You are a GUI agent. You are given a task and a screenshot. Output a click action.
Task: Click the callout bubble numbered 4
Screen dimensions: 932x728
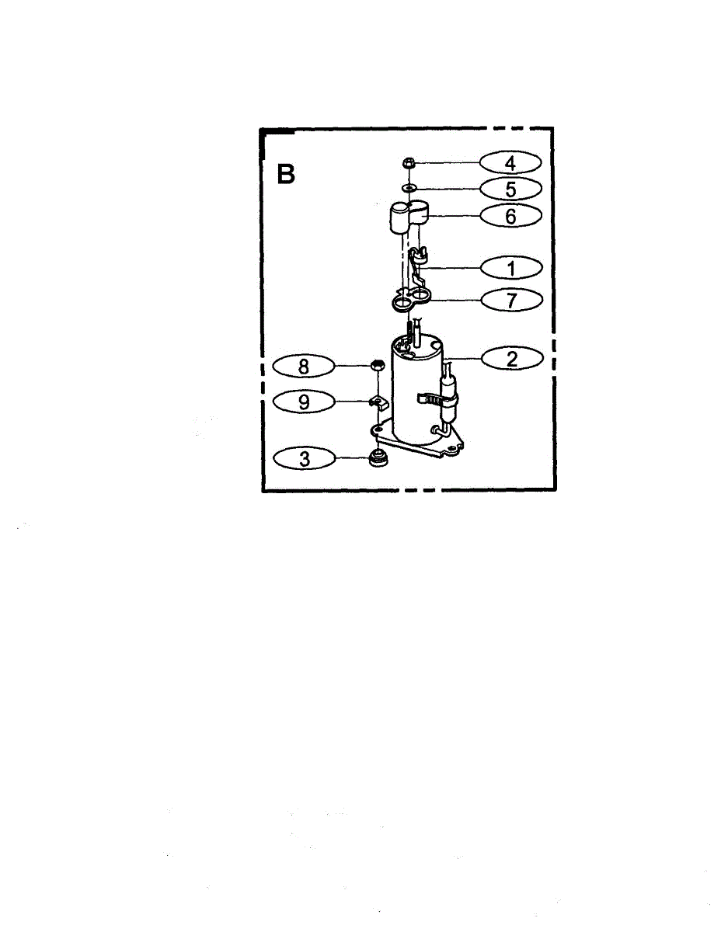coord(510,163)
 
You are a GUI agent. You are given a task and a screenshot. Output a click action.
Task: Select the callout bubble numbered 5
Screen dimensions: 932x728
coord(510,189)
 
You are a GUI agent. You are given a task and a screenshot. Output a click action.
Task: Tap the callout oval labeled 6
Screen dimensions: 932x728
coord(510,216)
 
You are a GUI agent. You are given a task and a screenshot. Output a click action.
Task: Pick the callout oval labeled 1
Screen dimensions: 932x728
coord(510,268)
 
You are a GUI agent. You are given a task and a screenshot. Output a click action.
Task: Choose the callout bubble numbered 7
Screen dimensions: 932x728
coord(510,300)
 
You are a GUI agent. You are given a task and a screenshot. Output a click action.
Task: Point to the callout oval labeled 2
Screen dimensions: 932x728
coord(511,359)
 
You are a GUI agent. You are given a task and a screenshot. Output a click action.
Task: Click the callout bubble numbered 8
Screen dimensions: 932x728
coord(305,366)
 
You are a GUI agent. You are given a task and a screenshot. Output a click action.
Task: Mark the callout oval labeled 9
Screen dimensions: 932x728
coord(305,401)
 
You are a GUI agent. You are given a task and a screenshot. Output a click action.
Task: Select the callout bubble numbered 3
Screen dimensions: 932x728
coord(305,459)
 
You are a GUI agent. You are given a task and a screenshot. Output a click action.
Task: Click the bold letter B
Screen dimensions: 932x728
coord(287,175)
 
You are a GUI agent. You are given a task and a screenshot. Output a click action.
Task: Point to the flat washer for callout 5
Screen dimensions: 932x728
coord(409,188)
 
